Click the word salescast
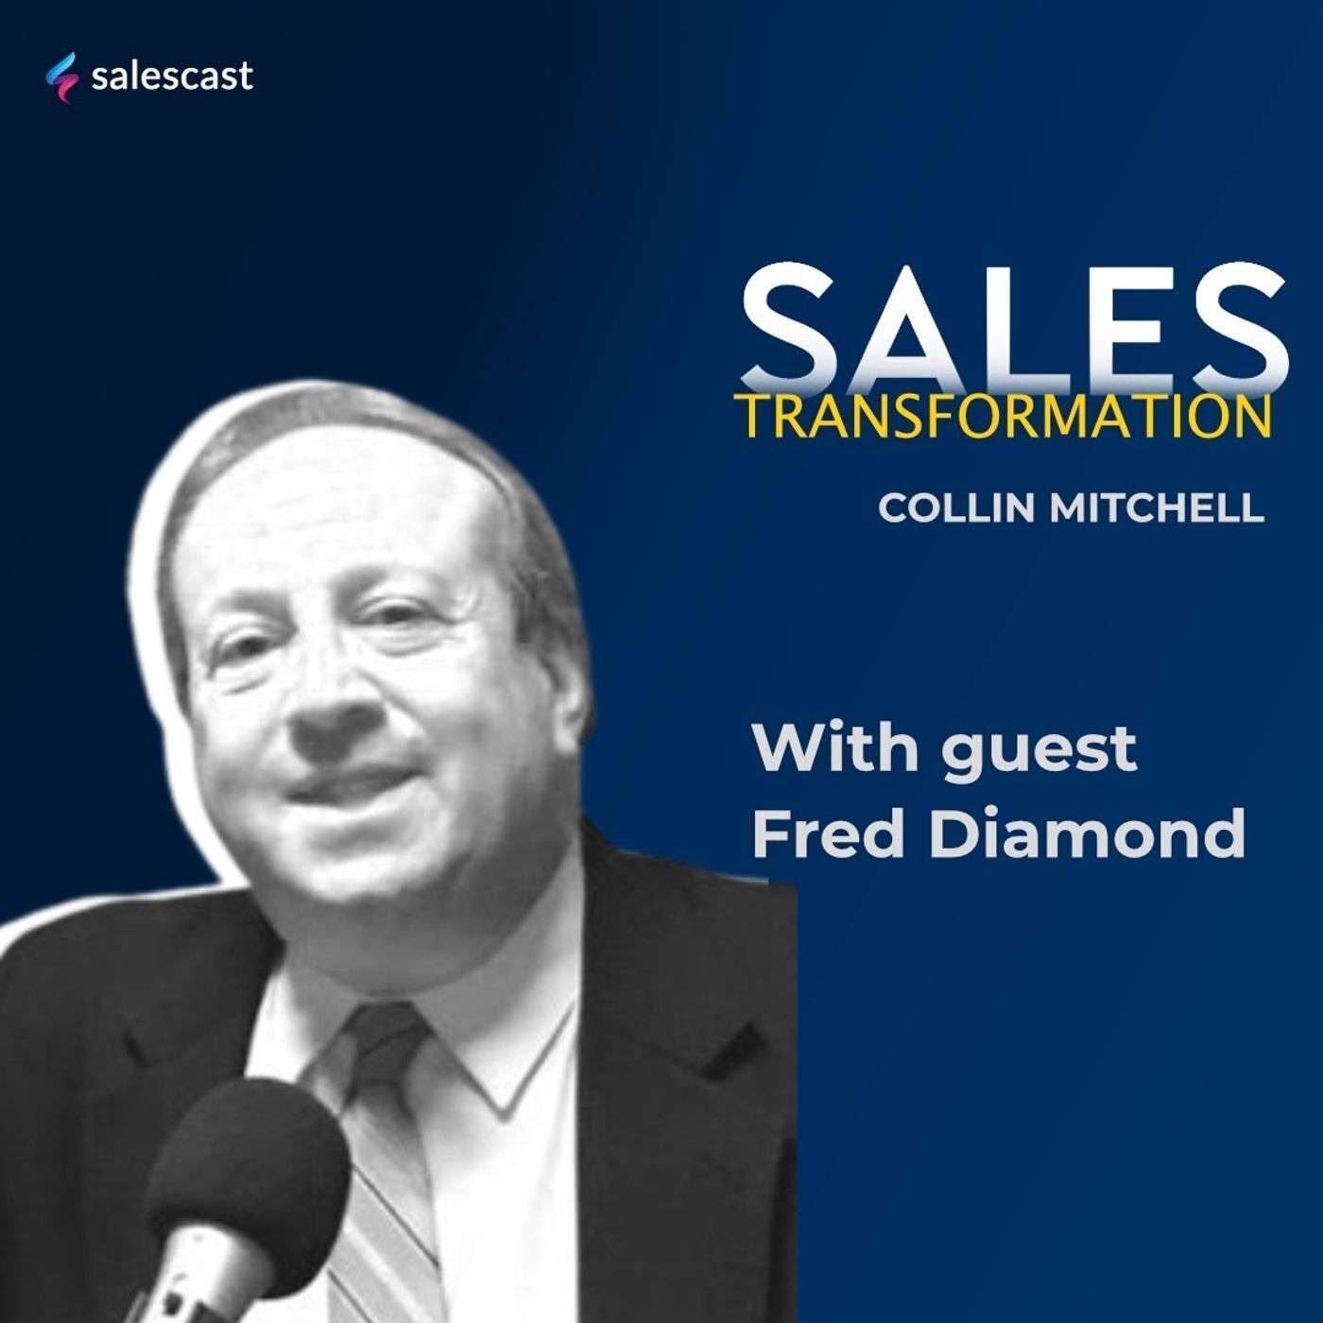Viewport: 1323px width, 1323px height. tap(172, 76)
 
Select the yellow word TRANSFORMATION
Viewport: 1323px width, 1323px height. tap(1002, 416)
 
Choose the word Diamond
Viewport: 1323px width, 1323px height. tap(1087, 834)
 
